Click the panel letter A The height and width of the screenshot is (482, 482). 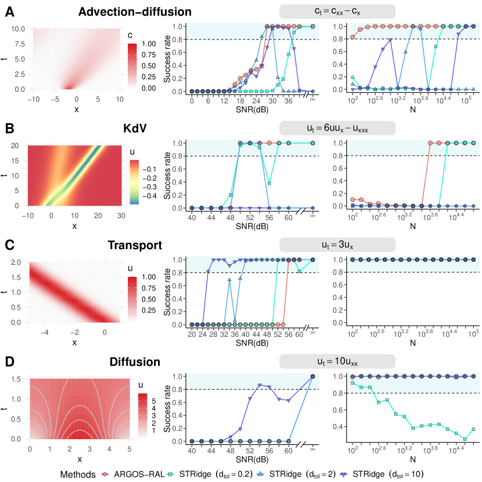10,12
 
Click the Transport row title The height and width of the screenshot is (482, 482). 135,245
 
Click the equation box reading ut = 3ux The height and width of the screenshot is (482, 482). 337,244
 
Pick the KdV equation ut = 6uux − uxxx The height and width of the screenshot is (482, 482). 337,128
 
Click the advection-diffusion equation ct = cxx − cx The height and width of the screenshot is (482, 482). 337,12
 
